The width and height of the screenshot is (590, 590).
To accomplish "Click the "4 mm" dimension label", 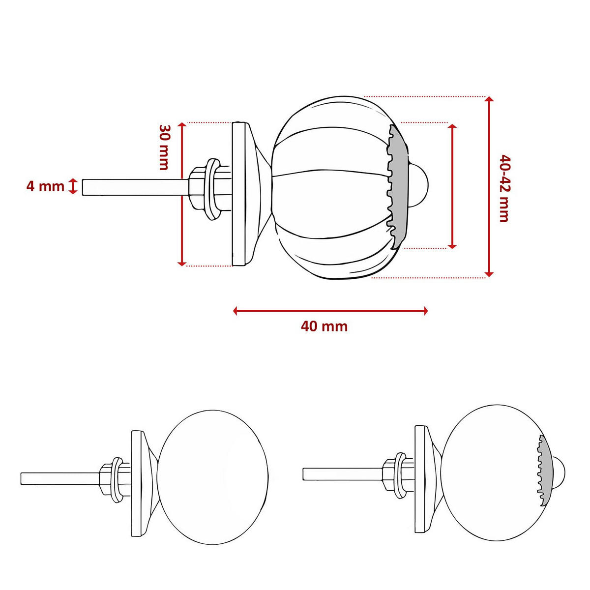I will [x=45, y=186].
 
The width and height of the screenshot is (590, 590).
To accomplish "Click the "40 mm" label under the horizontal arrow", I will [x=324, y=326].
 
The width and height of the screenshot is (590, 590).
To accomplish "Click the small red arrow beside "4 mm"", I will [x=73, y=186].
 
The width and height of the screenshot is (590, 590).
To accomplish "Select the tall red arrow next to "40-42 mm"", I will [x=489, y=187].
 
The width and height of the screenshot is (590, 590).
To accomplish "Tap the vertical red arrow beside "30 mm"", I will [x=182, y=194].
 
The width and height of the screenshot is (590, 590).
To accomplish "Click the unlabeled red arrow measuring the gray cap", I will [x=453, y=186].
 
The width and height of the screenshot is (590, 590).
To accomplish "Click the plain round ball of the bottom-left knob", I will [x=214, y=477].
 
